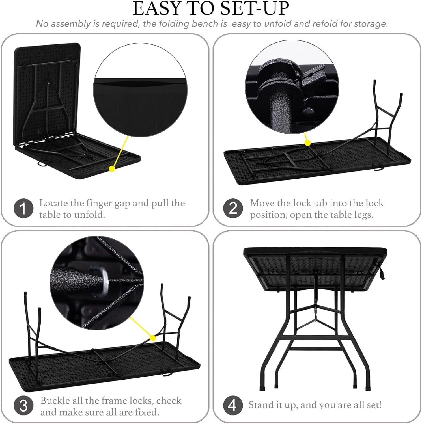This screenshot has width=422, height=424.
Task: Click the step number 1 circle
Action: tap(23, 208)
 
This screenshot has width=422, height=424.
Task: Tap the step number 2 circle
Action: tap(233, 208)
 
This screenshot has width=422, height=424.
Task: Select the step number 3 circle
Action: tap(23, 406)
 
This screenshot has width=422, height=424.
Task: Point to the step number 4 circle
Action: tap(233, 405)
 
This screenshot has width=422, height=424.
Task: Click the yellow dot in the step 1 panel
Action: tap(112, 169)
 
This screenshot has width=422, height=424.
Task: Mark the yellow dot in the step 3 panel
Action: tap(153, 338)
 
